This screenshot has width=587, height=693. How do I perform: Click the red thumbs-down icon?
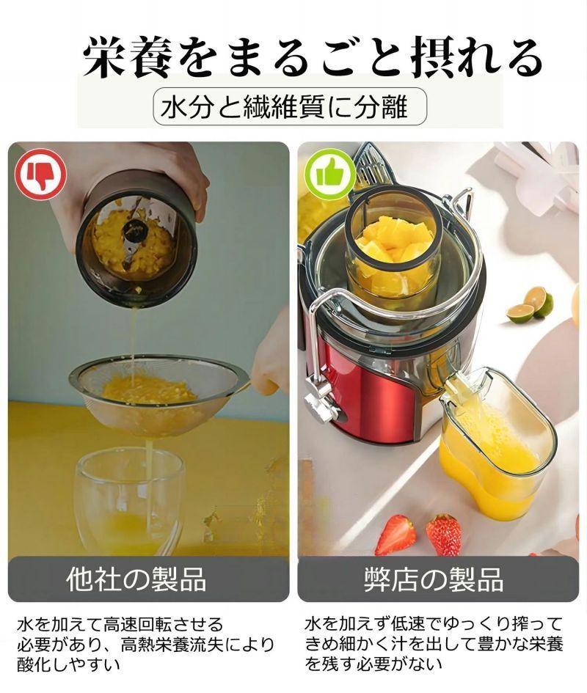[x=40, y=174]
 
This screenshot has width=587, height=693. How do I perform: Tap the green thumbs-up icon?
[x=330, y=174]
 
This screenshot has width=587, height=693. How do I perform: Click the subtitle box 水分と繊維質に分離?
[x=290, y=106]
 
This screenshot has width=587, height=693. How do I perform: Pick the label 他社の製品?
[x=136, y=579]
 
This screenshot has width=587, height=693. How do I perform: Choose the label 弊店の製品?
[x=434, y=579]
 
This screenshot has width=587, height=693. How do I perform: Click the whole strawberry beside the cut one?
[x=444, y=534]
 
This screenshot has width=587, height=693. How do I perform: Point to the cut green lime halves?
[x=530, y=305]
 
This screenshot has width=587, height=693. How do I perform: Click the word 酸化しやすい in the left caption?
[x=68, y=664]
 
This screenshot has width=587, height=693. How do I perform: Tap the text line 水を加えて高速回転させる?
[x=120, y=625]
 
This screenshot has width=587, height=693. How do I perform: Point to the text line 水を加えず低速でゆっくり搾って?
[x=434, y=624]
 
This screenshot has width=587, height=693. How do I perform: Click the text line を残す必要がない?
[x=373, y=663]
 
